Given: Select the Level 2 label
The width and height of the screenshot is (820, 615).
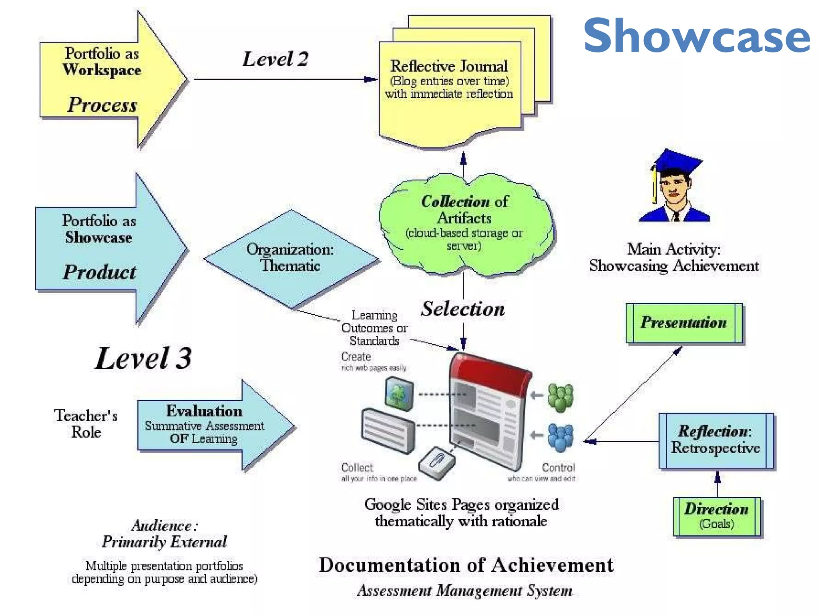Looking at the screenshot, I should coord(275,59).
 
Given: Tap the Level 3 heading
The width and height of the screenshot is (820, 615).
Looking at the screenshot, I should coord(143,358).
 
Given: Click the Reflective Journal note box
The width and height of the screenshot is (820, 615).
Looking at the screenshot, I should coord(449,88).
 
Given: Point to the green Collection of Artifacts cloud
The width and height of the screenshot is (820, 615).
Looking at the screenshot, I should coord(464,224).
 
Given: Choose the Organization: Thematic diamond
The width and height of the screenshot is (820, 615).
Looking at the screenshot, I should coord(291,258).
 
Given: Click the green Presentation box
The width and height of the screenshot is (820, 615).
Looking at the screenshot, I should coord(684,323).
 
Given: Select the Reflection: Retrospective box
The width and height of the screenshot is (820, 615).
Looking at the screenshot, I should coord(716,440).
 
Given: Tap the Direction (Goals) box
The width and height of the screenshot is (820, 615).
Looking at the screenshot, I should coord(717,517).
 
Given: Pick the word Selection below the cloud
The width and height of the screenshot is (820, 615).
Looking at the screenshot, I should coord(463,309).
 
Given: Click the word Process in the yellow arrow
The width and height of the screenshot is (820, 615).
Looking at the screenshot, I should coord(102,105).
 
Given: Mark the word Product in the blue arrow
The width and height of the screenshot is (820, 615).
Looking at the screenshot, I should coord(100,272).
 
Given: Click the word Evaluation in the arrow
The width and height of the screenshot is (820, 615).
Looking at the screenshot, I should coord(204,411).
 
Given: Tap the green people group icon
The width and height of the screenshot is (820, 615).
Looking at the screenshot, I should coord(560,398).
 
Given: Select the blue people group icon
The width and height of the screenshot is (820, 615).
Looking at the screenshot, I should coord(560,438).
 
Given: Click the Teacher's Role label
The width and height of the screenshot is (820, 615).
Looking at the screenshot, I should coord(86,424).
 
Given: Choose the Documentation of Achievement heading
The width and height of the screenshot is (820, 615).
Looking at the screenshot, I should coord(466,565).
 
